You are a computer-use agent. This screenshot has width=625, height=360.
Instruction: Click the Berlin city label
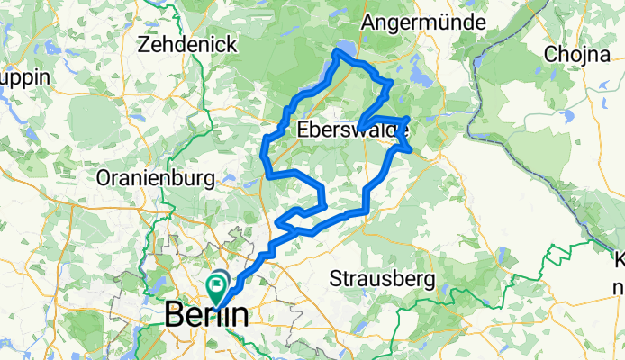tap(206, 316)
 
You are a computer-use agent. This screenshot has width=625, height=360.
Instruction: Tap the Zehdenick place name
tap(188, 43)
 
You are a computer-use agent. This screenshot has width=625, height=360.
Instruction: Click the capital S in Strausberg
tap(336, 275)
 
